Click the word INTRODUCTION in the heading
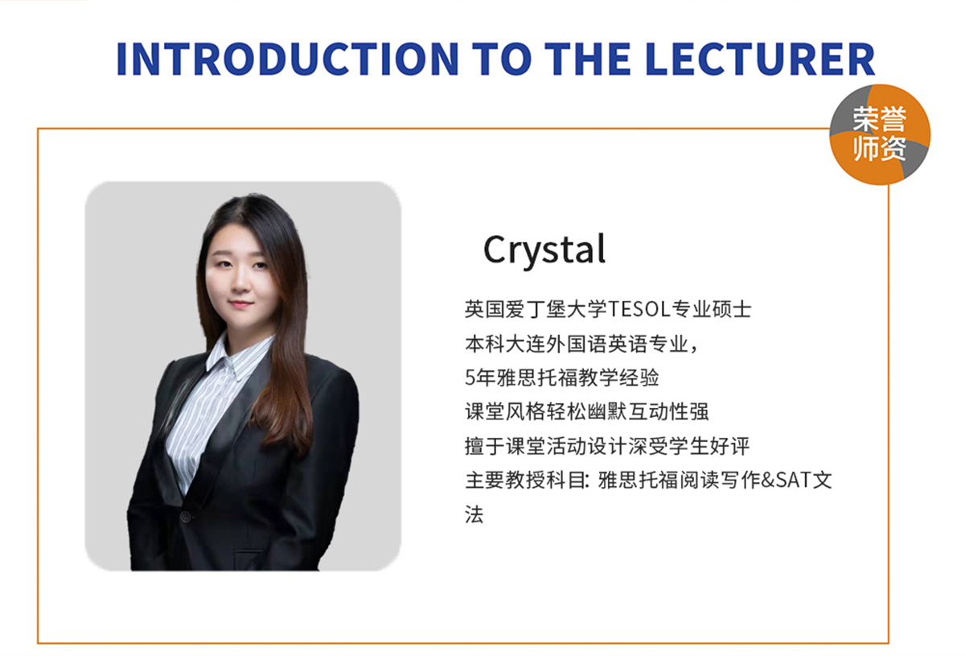point(288,59)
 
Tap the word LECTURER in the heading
point(760,59)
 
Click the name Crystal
point(544,251)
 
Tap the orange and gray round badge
point(880,134)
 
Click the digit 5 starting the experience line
point(470,378)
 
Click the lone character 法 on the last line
point(474,514)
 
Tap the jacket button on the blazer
point(186,516)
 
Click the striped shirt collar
point(238,357)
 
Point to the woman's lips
point(240,304)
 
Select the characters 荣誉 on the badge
point(879,119)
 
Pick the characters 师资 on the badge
point(879,148)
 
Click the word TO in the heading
point(502,59)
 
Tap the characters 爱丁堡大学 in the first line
point(556,309)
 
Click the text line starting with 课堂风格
point(587,412)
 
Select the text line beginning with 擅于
point(607,446)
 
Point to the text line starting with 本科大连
point(581,345)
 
